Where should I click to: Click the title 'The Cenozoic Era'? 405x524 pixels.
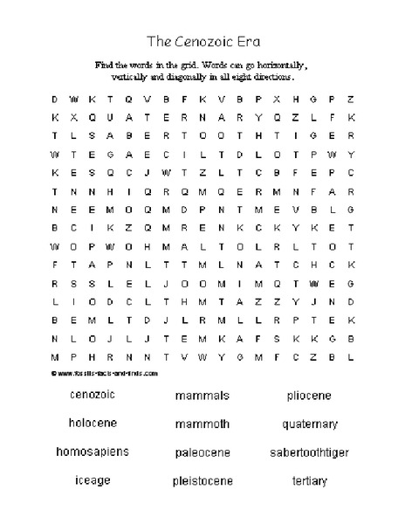click(202, 41)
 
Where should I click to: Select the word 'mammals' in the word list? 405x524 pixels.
click(202, 396)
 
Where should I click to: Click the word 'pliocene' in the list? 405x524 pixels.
click(309, 396)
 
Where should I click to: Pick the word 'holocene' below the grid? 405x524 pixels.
click(92, 424)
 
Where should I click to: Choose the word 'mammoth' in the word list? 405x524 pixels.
click(202, 424)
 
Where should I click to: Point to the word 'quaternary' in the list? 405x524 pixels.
click(309, 425)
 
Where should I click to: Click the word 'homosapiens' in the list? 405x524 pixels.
click(92, 452)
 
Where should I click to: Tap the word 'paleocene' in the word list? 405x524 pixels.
click(202, 452)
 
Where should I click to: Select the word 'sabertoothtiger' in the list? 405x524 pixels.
click(309, 452)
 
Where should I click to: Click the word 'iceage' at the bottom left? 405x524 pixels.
click(92, 480)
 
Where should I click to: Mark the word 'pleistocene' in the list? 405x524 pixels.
click(202, 480)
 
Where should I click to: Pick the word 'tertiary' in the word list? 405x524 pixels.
click(309, 480)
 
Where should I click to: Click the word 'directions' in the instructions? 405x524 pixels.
click(276, 76)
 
